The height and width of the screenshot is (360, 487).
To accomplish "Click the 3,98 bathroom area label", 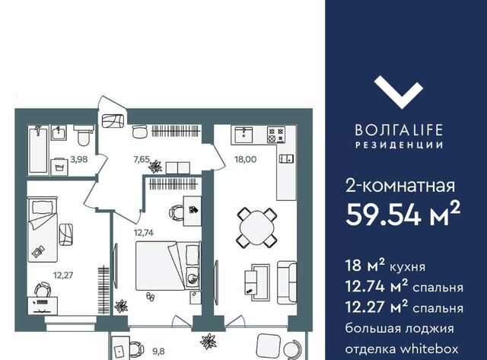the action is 79,159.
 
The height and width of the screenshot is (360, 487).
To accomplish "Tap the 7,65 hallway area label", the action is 142,159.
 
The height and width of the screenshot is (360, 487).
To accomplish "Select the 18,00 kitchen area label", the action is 245,159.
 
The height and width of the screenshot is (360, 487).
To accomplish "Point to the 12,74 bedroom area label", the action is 144,232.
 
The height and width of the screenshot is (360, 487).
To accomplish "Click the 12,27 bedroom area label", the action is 63,275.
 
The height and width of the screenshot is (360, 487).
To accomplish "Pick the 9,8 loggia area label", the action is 158,352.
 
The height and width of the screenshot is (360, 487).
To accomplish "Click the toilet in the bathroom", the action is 84,135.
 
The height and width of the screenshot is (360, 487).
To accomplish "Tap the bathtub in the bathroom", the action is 38,149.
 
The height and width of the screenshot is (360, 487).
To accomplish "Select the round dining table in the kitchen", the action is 256,228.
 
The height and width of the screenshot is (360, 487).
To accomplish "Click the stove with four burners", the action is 276,135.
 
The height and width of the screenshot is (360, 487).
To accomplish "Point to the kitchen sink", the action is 243,135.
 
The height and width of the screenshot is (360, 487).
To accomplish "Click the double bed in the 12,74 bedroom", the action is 168,266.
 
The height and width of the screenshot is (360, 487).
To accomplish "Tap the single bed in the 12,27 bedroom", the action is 43,229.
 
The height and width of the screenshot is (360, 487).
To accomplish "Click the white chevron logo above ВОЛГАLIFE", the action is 399,93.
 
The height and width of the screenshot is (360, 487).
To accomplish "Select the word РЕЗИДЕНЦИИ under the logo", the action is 399,145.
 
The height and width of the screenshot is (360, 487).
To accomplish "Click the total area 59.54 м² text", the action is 403,214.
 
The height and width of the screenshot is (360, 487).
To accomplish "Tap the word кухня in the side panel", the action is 408,267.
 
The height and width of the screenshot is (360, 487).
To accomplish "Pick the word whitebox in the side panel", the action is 429,349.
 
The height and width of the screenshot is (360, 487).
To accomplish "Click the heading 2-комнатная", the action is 400,186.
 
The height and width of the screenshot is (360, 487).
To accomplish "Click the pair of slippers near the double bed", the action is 150,296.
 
